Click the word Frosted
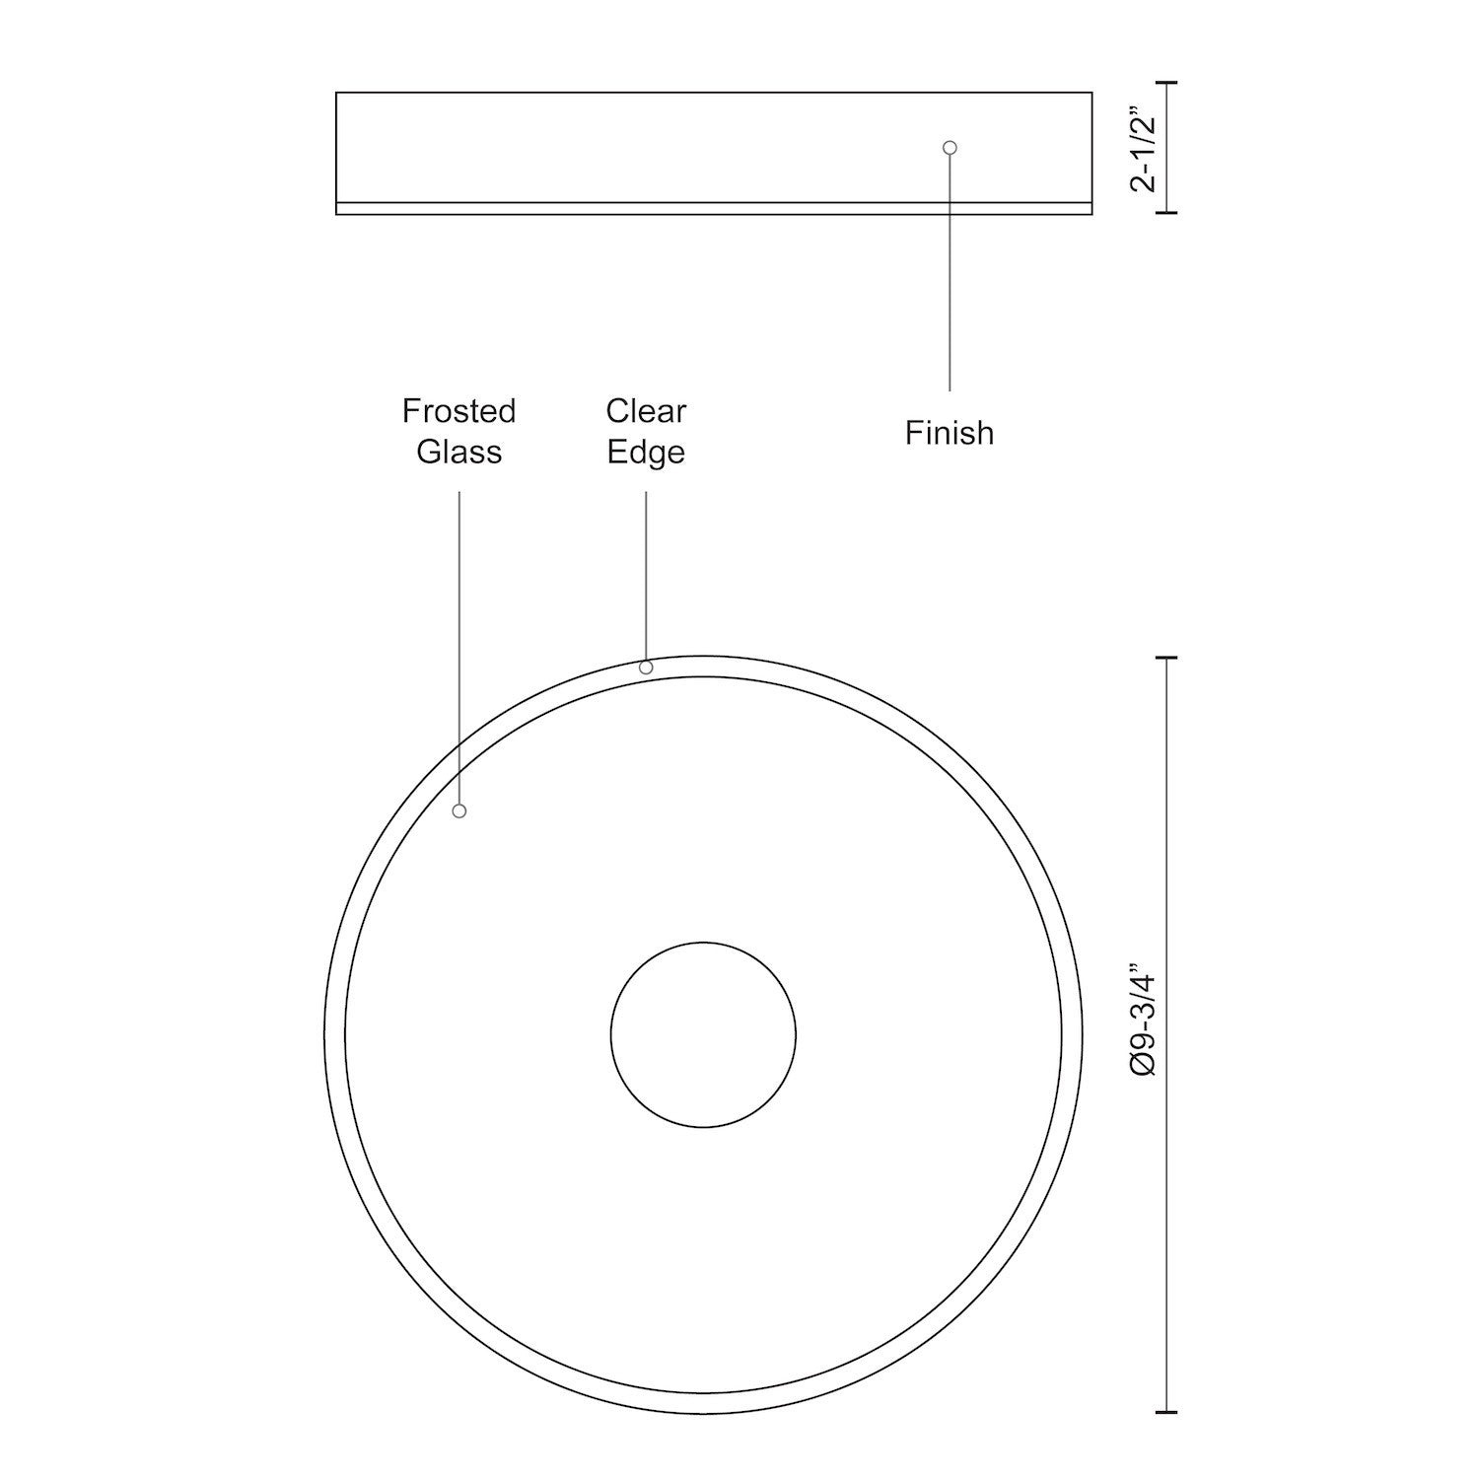tap(458, 411)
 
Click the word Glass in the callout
tap(458, 452)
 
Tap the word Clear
tap(646, 411)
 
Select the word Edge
tap(646, 453)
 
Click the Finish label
tap(949, 433)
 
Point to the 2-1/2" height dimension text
tap(1144, 148)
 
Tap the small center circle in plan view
tap(703, 1034)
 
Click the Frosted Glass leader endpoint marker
tap(458, 810)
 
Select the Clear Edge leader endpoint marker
tap(646, 668)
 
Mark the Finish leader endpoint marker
tap(950, 148)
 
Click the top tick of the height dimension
tap(1167, 84)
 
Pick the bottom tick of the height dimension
tap(1167, 212)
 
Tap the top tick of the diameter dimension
tap(1167, 658)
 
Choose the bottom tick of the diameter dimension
tap(1167, 1412)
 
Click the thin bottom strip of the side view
tap(714, 208)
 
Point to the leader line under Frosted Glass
tap(458, 641)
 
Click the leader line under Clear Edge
tap(646, 572)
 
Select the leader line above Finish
tap(950, 276)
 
